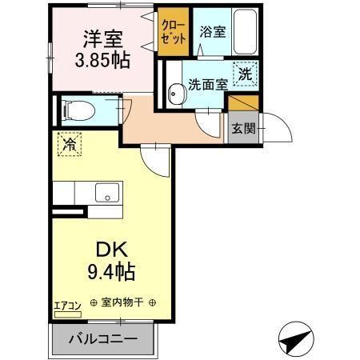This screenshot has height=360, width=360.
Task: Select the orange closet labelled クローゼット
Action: (170, 33)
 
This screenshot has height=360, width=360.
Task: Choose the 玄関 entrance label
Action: (243, 128)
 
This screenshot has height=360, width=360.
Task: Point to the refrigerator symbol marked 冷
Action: (69, 146)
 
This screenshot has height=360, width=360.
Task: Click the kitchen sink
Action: (105, 192)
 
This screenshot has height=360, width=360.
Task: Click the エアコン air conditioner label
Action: (66, 304)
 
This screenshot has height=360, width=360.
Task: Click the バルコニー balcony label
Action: (102, 339)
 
